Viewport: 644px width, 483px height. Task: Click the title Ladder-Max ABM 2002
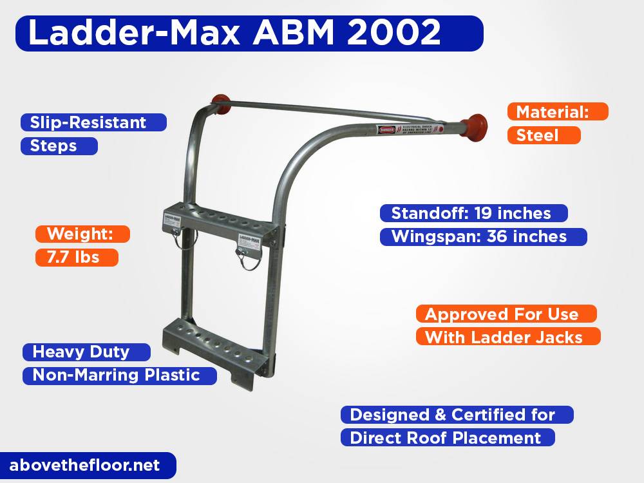click(x=234, y=33)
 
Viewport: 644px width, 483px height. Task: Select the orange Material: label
click(x=558, y=112)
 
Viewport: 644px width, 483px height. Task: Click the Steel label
click(x=544, y=135)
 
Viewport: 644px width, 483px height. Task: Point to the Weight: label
click(x=83, y=234)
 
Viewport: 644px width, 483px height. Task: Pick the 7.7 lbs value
click(x=77, y=258)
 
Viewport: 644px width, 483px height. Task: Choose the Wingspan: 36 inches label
click(x=482, y=236)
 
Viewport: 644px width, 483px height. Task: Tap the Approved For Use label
click(x=506, y=314)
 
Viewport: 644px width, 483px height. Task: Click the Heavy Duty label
click(x=86, y=352)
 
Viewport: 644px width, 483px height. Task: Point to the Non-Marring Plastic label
click(x=119, y=375)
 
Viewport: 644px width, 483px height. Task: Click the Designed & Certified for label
click(x=457, y=415)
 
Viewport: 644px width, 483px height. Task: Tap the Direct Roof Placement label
click(x=448, y=438)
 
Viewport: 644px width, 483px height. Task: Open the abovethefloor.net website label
click(x=84, y=465)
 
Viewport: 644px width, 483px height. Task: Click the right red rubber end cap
click(x=476, y=123)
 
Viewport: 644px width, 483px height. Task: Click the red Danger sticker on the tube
click(x=386, y=129)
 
